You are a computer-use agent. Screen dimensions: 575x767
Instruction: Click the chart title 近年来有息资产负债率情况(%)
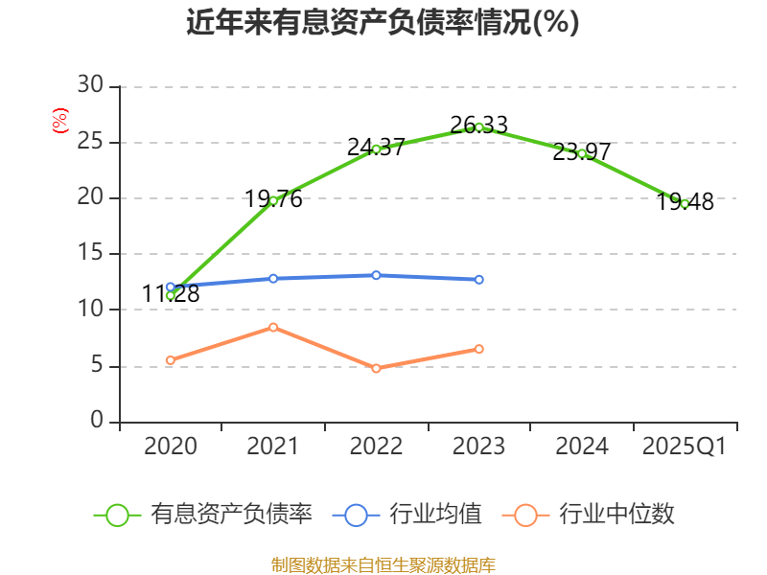[383, 23]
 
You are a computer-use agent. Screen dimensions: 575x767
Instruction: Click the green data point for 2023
[479, 127]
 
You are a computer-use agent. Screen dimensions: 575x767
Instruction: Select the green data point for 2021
[273, 200]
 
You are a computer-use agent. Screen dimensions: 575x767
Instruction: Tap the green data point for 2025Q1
[685, 203]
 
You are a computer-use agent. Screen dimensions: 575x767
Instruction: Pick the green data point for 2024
[582, 153]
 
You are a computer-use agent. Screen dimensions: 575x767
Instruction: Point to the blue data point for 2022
[376, 275]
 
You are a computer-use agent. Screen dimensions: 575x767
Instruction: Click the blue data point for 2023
[479, 280]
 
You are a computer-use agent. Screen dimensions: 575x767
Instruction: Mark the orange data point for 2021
[273, 327]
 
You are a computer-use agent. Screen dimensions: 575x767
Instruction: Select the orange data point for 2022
[376, 368]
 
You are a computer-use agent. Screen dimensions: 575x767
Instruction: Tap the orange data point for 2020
[171, 360]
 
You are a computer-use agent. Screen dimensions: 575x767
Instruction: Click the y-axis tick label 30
[90, 86]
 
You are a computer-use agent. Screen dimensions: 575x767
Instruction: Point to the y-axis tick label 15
[90, 254]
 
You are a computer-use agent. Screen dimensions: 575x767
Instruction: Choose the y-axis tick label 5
[97, 366]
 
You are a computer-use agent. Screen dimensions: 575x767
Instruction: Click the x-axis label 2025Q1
[684, 447]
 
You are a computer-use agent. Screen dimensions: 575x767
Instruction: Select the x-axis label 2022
[376, 447]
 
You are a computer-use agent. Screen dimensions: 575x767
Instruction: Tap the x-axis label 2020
[171, 447]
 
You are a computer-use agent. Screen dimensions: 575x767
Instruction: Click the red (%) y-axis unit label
[60, 122]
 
